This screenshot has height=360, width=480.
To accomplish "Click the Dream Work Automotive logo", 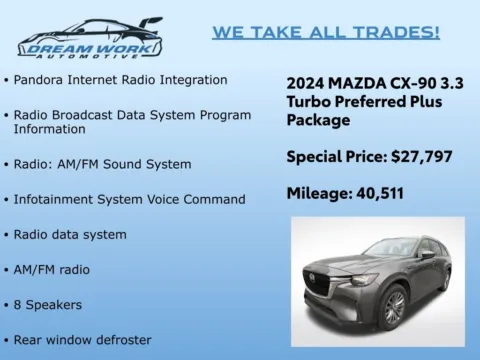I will click(90, 37).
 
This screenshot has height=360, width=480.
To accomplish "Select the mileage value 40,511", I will click(373, 193).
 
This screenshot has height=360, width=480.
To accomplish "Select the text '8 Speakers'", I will click(47, 305).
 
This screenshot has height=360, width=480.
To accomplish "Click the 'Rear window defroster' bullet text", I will click(82, 340).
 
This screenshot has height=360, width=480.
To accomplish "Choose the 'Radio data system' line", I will click(70, 235).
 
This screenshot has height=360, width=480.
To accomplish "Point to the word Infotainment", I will click(57, 199).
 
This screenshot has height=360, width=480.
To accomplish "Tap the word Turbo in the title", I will click(309, 102).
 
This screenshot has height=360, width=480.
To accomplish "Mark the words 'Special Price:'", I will click(333, 156).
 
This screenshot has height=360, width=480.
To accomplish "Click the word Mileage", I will click(317, 193).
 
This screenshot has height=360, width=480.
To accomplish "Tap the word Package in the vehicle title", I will click(318, 120).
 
